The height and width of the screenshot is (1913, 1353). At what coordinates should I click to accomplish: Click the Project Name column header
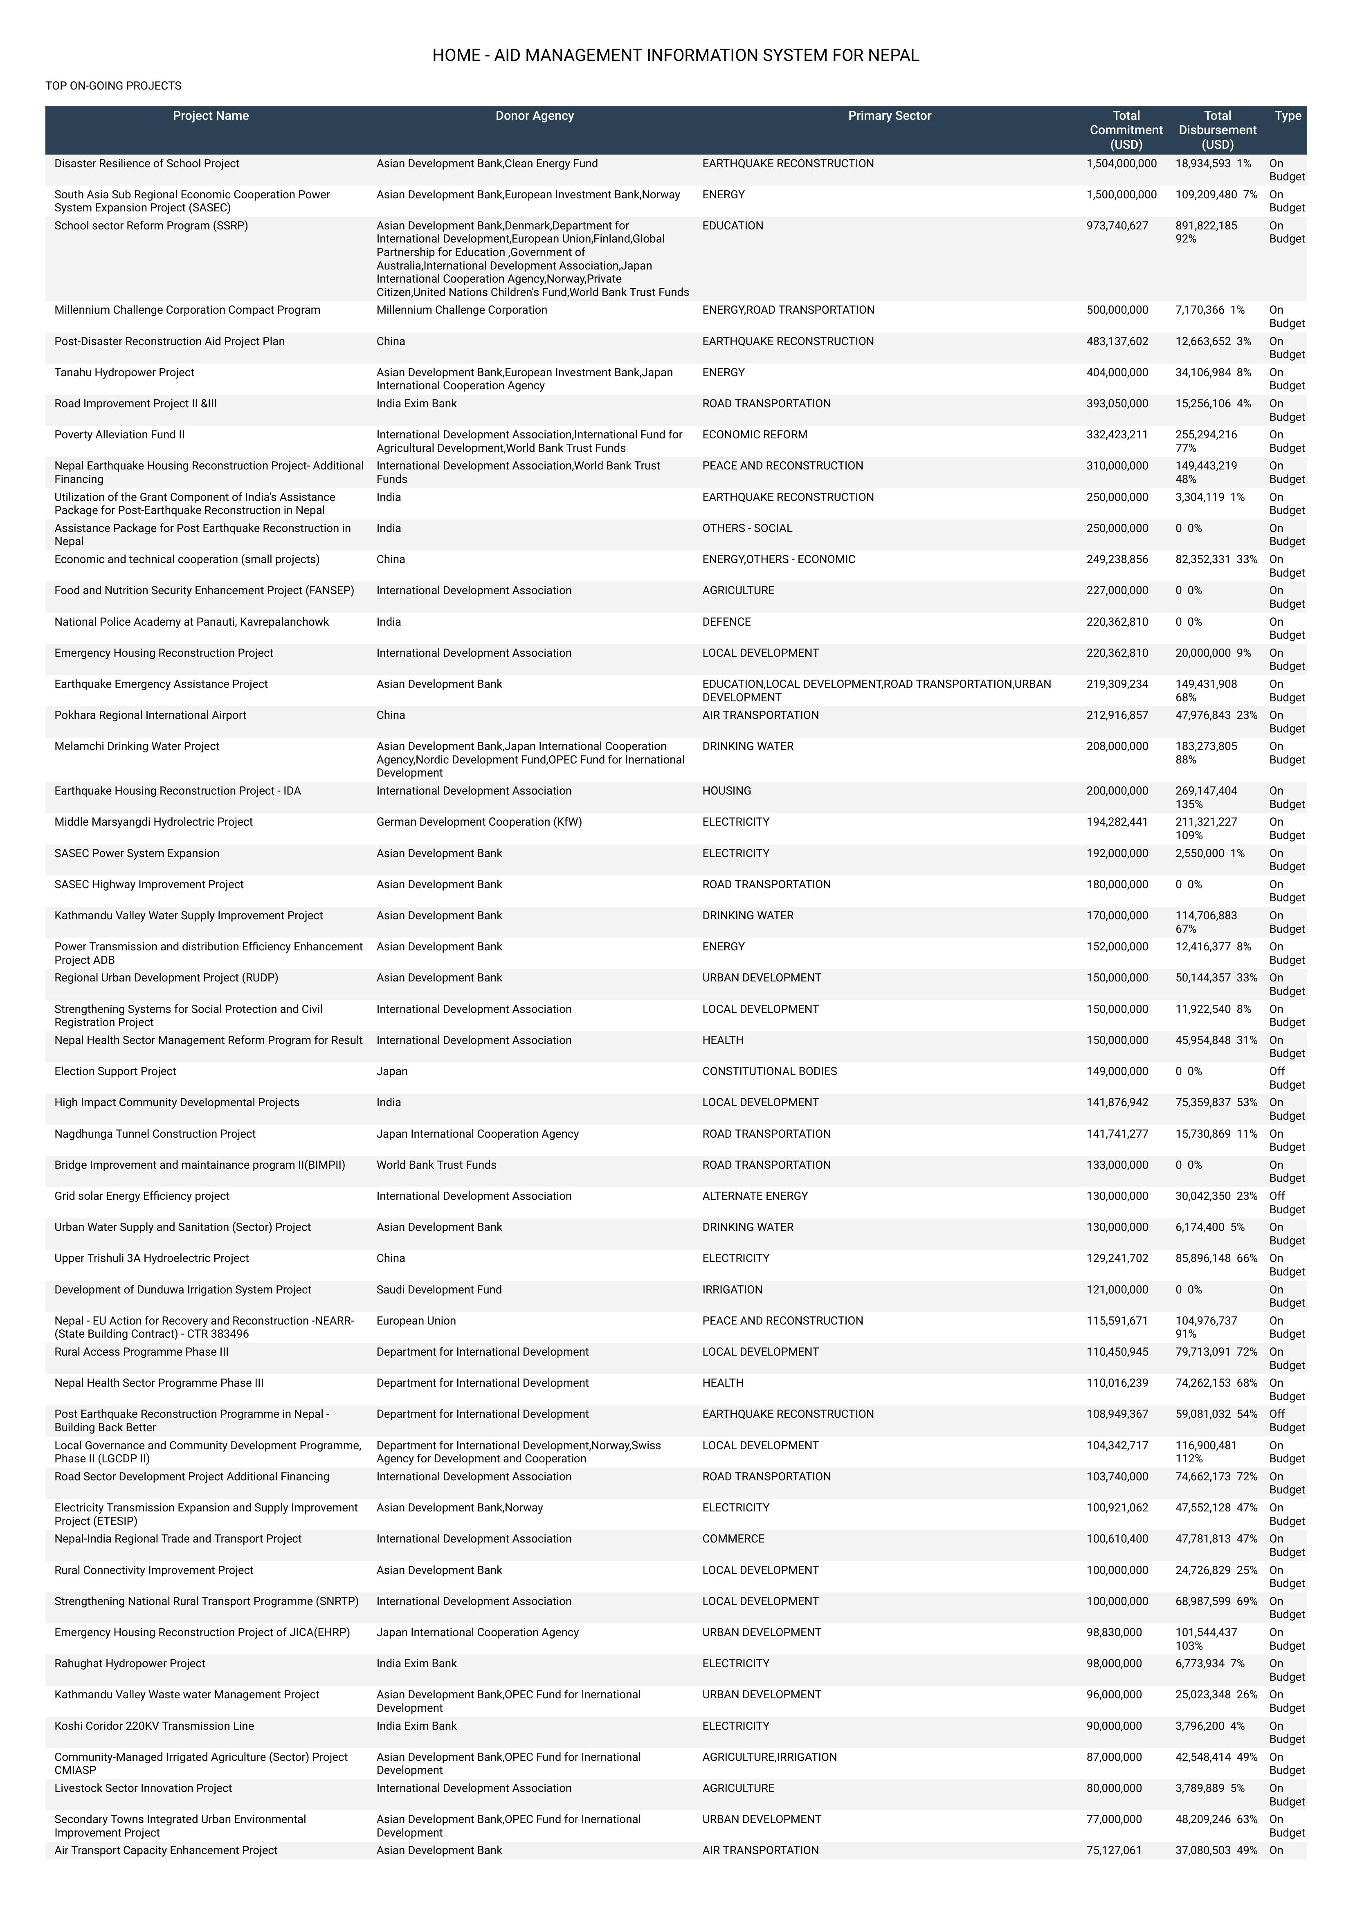click(x=211, y=116)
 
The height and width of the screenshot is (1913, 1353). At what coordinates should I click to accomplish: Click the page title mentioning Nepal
click(x=676, y=56)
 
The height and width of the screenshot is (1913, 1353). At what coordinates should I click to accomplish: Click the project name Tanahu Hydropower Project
click(x=124, y=373)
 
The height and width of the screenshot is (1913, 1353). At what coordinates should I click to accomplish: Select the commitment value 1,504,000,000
click(x=1122, y=163)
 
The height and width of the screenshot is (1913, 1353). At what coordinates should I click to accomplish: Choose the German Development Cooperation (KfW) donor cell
click(x=479, y=822)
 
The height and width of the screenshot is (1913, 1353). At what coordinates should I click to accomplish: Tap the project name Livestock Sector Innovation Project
click(x=143, y=1788)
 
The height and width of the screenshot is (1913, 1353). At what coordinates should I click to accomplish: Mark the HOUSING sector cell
click(x=726, y=791)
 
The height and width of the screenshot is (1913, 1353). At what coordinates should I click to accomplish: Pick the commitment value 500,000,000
click(x=1117, y=310)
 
